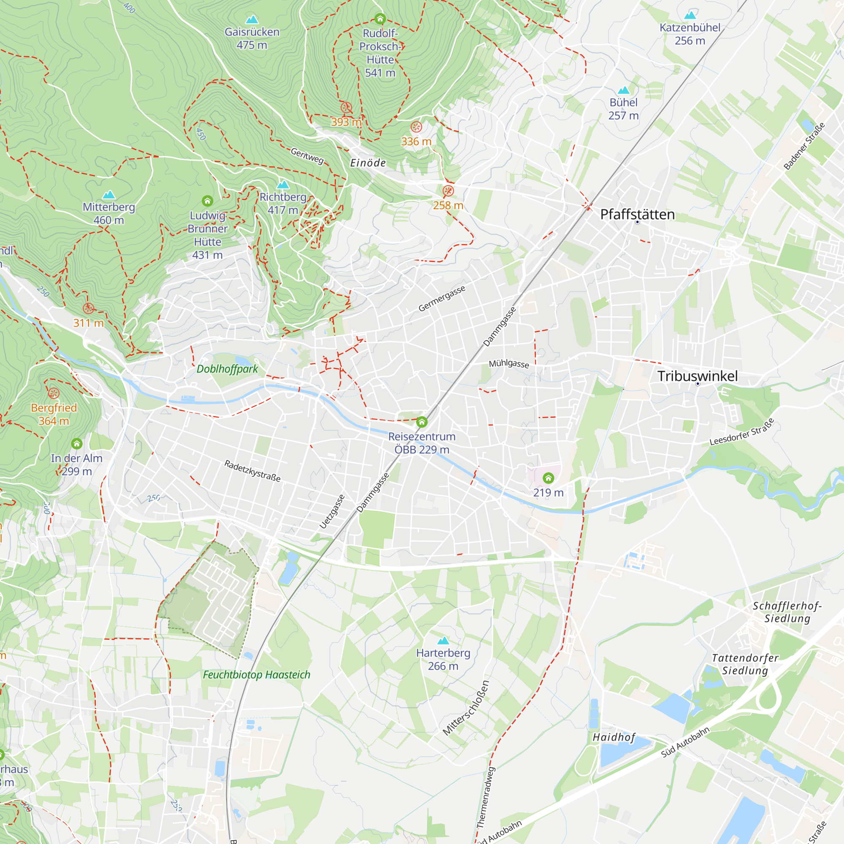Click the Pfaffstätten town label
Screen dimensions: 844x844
point(637,214)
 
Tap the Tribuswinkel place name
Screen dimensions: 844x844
point(697,376)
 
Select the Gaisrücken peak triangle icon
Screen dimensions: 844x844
point(252,20)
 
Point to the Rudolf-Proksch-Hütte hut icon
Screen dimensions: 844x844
point(380,19)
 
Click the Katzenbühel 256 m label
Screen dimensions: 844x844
point(690,34)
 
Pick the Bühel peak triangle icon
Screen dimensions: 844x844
point(624,90)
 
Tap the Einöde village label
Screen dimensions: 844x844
point(368,163)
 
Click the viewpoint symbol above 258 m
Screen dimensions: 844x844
point(448,191)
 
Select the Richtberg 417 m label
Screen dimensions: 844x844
point(283,203)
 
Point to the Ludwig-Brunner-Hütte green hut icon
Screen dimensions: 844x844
point(208,201)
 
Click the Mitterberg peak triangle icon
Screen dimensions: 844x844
point(109,195)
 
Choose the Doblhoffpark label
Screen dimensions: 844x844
point(227,369)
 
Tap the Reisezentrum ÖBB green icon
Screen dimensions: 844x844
point(422,422)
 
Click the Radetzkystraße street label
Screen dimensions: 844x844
point(252,471)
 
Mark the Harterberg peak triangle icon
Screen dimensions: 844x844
point(444,641)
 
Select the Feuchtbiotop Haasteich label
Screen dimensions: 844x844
point(257,675)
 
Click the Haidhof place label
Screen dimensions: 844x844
point(614,737)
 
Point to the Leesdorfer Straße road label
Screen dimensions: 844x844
point(742,432)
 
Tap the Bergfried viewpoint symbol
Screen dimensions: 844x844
point(54,393)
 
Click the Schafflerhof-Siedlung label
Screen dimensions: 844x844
point(787,612)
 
